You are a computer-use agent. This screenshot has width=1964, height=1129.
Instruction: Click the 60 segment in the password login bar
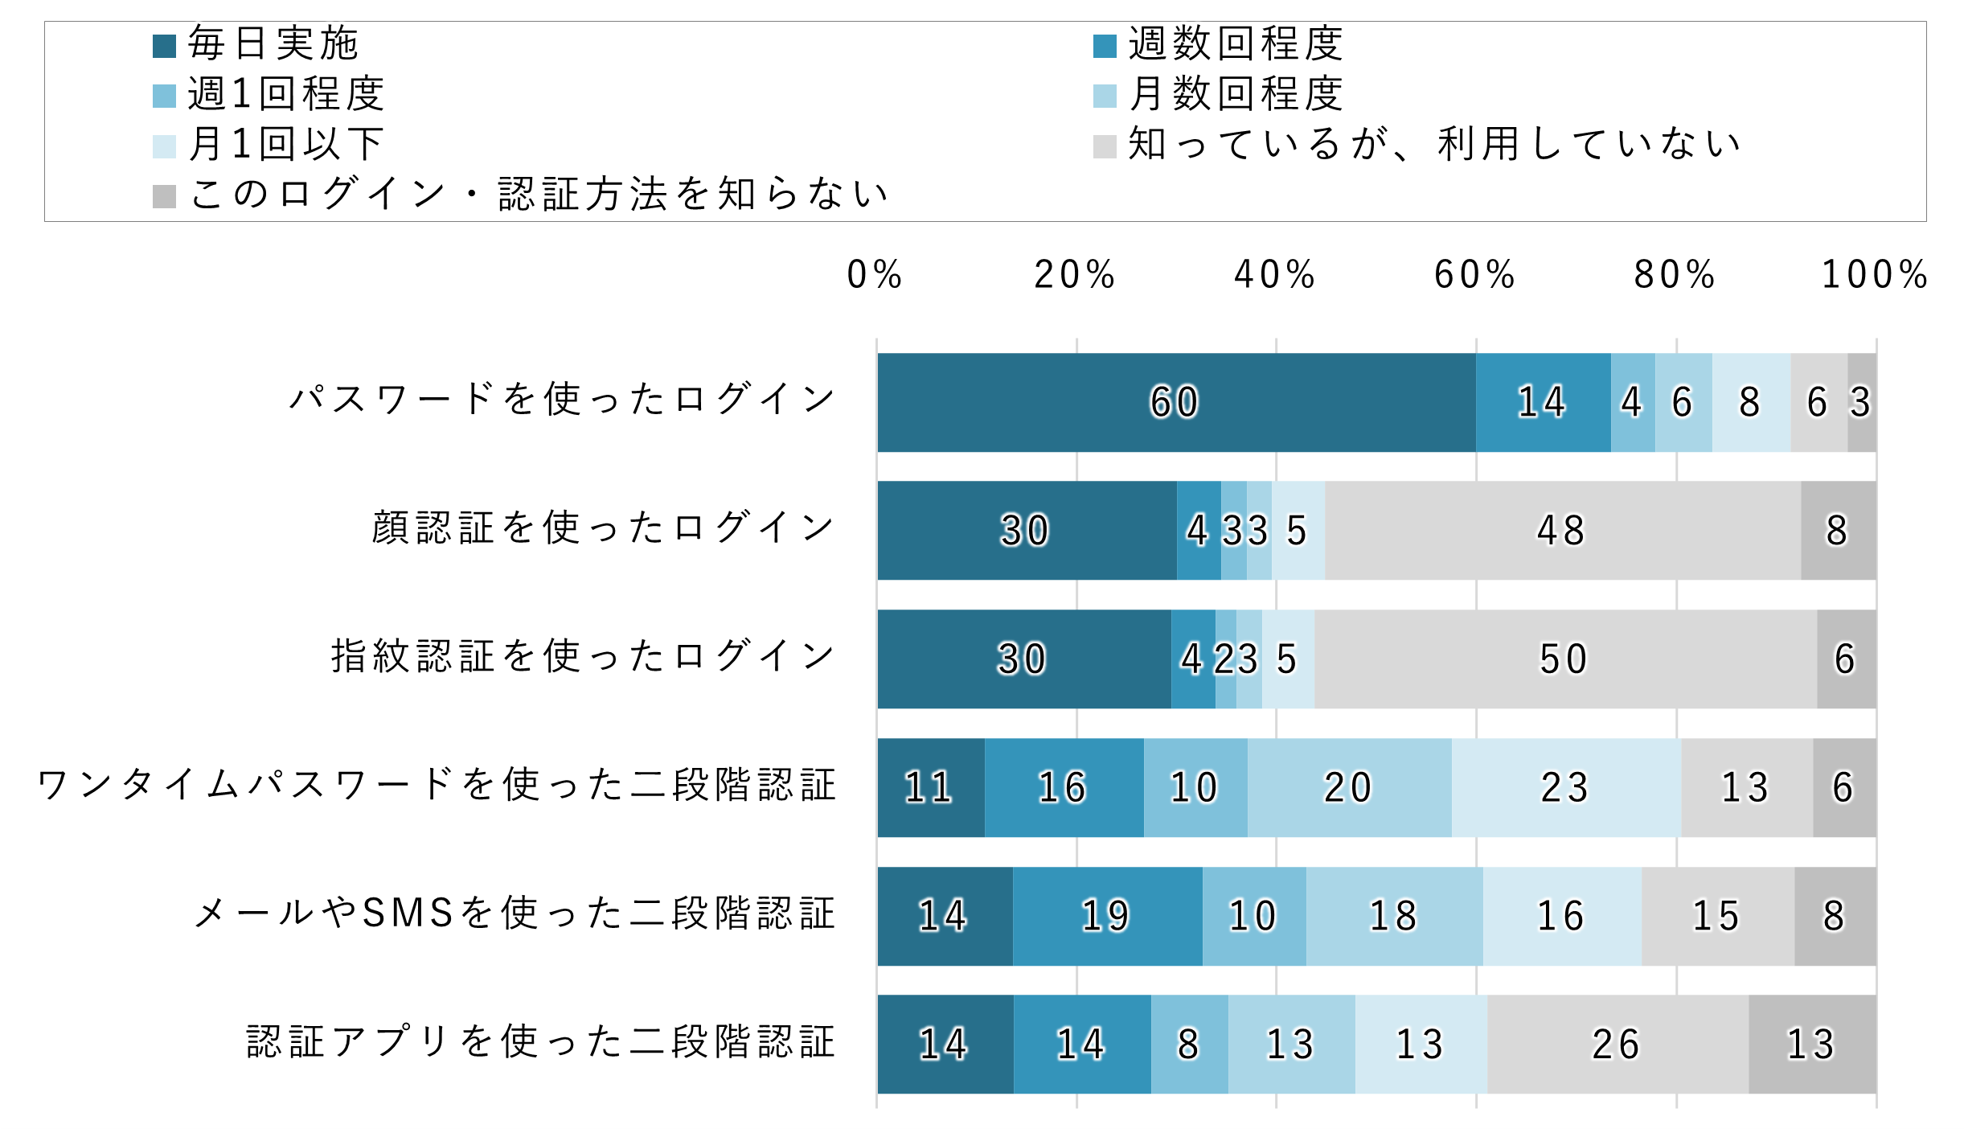(1175, 402)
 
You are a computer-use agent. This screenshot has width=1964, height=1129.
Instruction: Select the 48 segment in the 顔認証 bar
(1562, 531)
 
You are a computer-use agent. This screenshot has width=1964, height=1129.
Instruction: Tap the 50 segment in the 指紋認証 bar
(1564, 659)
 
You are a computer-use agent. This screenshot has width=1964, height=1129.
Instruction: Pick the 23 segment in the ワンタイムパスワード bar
(1565, 787)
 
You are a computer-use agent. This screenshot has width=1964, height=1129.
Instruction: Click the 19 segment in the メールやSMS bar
(1107, 916)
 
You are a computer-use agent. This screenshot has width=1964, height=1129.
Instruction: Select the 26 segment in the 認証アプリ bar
(1617, 1045)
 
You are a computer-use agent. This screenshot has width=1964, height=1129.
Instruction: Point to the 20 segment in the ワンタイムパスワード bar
(1349, 787)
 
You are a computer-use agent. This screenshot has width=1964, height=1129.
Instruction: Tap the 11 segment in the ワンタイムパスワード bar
(930, 787)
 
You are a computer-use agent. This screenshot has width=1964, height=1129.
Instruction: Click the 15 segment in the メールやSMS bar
(1717, 916)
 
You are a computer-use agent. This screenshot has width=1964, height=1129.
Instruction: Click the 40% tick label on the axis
(1275, 275)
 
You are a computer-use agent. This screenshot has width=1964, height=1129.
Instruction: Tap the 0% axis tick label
(875, 275)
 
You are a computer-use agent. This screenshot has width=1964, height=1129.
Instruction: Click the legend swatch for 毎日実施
(164, 46)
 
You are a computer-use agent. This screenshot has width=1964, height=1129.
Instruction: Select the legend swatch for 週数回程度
(1105, 46)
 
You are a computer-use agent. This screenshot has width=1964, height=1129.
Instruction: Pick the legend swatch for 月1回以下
(164, 146)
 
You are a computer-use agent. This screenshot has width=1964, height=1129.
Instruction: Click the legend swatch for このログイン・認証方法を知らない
(164, 196)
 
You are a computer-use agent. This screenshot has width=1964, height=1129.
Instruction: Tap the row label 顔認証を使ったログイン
(603, 528)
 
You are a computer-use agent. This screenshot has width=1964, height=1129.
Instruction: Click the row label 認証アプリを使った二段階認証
(540, 1042)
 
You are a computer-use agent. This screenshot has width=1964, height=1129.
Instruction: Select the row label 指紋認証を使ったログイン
(583, 656)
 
